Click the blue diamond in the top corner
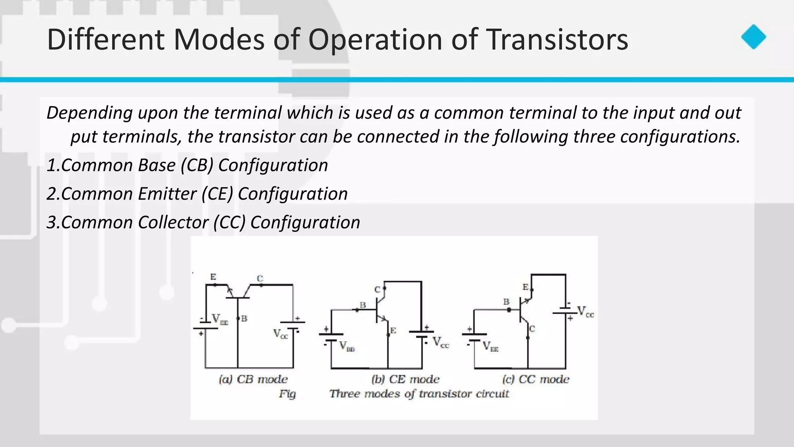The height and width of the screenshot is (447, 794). click(x=753, y=37)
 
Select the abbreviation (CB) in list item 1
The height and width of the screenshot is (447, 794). click(x=197, y=165)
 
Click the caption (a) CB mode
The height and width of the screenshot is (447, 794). click(x=253, y=379)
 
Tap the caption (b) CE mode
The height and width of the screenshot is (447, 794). click(x=405, y=379)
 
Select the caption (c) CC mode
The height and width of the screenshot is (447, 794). click(x=535, y=379)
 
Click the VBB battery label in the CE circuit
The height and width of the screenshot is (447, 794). click(x=347, y=346)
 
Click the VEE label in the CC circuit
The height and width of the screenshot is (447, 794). click(x=490, y=346)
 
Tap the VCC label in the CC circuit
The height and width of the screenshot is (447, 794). click(x=585, y=312)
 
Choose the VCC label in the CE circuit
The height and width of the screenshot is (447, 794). click(x=440, y=342)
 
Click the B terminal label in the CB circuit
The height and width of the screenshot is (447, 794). click(x=244, y=319)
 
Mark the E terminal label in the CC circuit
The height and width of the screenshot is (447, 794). click(x=525, y=287)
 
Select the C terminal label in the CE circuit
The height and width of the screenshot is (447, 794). click(x=377, y=289)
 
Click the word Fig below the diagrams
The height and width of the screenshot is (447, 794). click(x=287, y=394)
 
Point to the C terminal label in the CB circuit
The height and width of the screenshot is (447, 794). click(x=260, y=278)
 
